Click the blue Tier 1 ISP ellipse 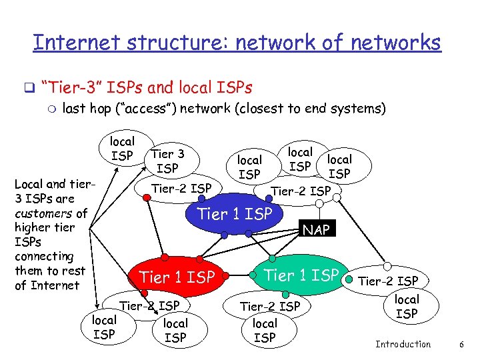point(235,214)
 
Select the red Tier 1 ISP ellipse point(177,277)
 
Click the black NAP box point(315,230)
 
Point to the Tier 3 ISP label point(167,161)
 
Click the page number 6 point(461,344)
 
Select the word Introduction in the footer point(403,344)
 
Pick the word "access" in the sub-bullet point(160,108)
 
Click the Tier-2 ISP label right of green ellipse point(389,281)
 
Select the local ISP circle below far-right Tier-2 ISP point(407,306)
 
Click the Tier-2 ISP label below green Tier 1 point(270,306)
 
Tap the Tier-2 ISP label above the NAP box point(300,191)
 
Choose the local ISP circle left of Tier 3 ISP point(122,148)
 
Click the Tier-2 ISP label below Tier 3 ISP point(181,188)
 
